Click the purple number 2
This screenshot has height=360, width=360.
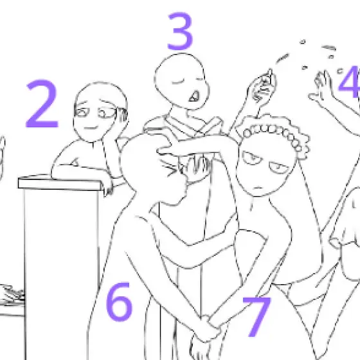42,104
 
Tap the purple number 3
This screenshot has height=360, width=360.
180,32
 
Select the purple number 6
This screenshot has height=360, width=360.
119,302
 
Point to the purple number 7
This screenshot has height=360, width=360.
257,317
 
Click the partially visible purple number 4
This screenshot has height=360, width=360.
350,82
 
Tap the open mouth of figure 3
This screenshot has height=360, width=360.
194,96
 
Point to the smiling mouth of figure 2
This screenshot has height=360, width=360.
91,128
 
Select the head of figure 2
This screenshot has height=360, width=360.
100,112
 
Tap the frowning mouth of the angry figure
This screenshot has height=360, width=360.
258,188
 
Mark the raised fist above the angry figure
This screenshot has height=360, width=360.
263,89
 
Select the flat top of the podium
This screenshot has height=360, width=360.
60,183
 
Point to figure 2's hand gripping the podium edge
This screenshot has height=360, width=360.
108,187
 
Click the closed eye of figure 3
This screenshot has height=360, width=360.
178,82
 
